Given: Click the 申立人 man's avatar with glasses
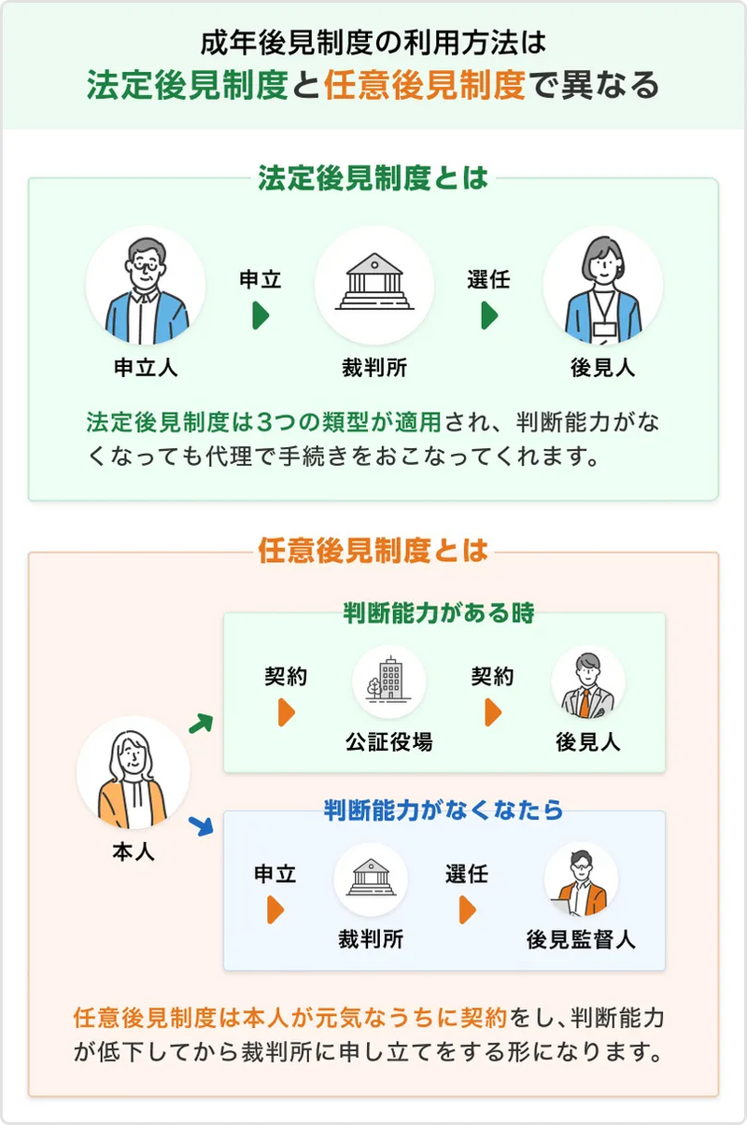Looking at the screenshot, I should click(x=145, y=286).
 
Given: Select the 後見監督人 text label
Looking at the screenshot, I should click(x=581, y=938).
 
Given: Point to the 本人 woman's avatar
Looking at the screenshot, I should click(x=133, y=773).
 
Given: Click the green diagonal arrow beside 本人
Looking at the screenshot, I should click(x=200, y=722).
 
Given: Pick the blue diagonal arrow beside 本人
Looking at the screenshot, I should click(x=200, y=825).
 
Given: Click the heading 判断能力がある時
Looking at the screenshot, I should click(x=439, y=613).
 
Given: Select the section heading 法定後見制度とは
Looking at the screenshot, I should click(x=373, y=178).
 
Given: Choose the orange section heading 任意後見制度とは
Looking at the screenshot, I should click(x=373, y=551).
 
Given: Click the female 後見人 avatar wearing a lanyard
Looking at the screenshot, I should click(x=602, y=286).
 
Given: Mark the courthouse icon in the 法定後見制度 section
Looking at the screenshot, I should click(x=373, y=286).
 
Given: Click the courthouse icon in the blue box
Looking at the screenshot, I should click(x=370, y=879).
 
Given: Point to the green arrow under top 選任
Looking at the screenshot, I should click(x=489, y=316).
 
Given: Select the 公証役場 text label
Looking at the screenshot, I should click(x=388, y=742).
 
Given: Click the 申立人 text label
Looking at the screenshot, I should click(x=145, y=368).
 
